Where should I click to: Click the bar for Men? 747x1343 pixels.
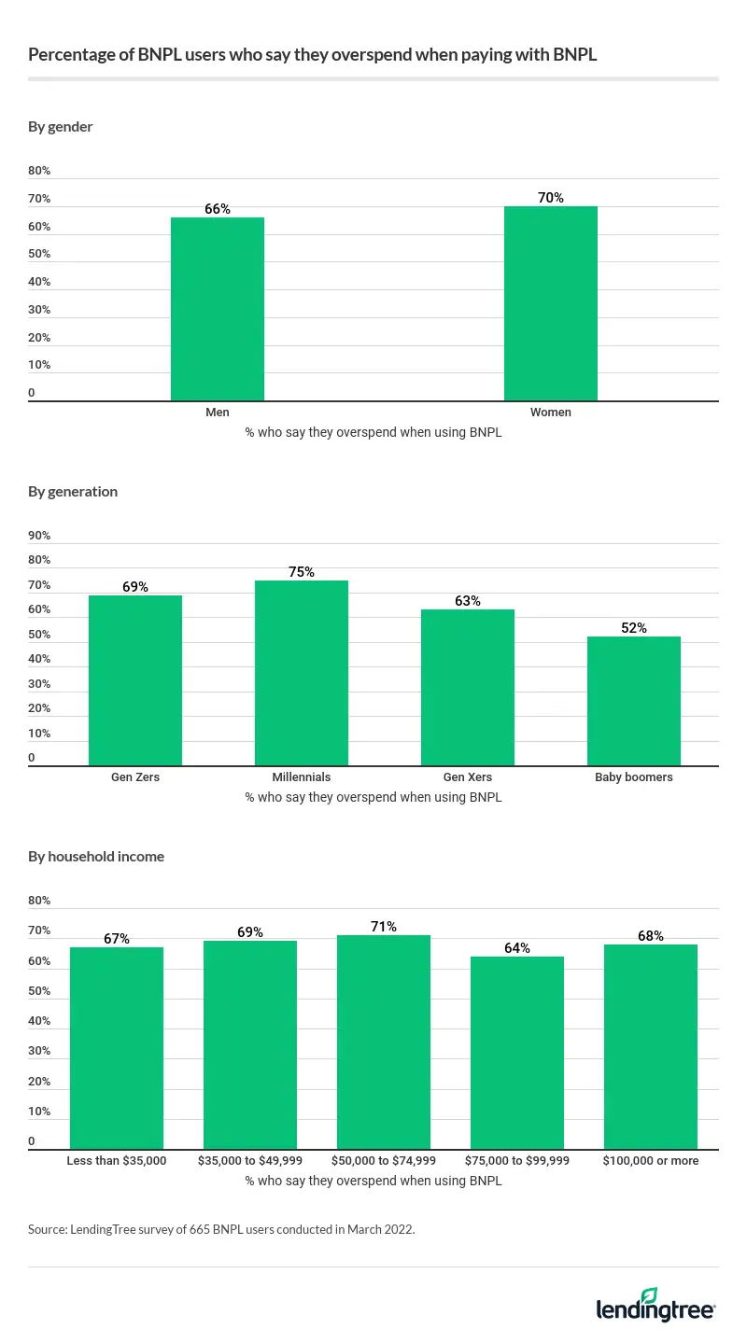[x=218, y=309]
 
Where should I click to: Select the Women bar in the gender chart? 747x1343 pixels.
[x=551, y=303]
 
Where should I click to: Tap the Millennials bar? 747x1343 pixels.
[x=302, y=673]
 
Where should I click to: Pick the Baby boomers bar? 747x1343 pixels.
[x=634, y=701]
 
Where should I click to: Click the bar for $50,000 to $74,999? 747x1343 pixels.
[x=384, y=1042]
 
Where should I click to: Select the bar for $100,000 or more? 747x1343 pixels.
[x=651, y=1046]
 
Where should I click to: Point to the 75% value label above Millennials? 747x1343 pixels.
[x=302, y=572]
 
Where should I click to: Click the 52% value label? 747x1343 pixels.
[x=634, y=628]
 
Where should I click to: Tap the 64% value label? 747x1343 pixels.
[x=517, y=948]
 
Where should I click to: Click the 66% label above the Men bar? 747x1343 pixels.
[x=218, y=209]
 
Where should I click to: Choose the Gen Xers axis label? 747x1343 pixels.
[x=468, y=777]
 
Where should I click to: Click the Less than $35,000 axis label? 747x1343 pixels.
[x=117, y=1161]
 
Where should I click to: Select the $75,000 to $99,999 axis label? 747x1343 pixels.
[x=517, y=1161]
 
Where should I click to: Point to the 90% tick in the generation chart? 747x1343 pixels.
[x=39, y=536]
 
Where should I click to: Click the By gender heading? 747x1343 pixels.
[x=61, y=126]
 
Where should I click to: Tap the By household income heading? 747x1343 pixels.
[x=96, y=856]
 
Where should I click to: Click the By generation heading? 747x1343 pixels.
[x=73, y=491]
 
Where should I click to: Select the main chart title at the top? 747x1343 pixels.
[x=312, y=55]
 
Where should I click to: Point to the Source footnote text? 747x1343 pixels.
[x=221, y=1230]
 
